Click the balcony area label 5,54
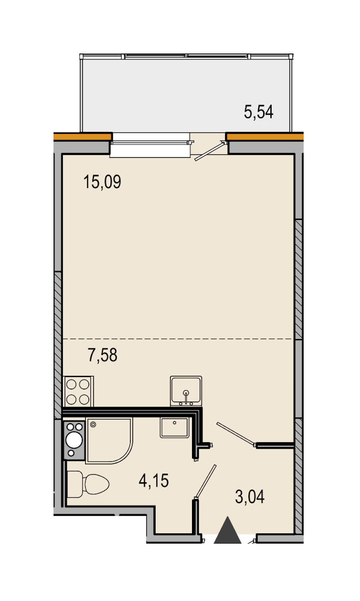258,112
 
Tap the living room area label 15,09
102,182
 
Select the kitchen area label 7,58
102,355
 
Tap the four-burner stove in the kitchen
78,392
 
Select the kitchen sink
186,391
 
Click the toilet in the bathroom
88,485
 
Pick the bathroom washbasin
174,428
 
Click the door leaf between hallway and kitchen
236,434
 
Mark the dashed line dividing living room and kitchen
178,339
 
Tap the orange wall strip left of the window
83,136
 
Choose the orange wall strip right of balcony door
265,136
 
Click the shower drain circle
93,424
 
